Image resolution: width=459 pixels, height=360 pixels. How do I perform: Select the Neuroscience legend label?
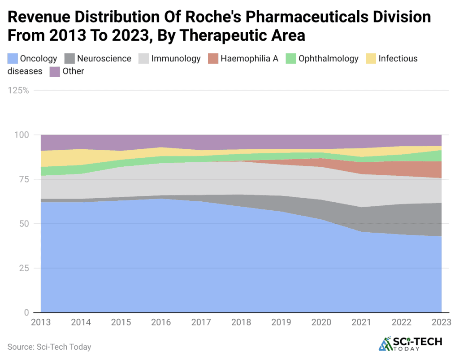click(104, 59)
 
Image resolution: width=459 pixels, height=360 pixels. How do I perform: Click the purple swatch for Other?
click(55, 72)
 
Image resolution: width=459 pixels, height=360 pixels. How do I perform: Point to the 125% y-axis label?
click(18, 91)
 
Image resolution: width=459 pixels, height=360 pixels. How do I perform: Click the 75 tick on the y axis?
click(23, 179)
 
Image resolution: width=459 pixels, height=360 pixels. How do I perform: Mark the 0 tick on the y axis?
click(26, 312)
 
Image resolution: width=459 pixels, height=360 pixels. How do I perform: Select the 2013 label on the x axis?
click(41, 322)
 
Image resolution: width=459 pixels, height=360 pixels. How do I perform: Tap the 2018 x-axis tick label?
click(241, 322)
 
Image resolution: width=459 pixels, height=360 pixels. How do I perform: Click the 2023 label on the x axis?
click(442, 322)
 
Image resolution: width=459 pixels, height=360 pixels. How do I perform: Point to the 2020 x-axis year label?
click(321, 322)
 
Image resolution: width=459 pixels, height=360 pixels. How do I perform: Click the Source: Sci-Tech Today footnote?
click(49, 347)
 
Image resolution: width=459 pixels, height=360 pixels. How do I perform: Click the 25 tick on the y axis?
click(23, 268)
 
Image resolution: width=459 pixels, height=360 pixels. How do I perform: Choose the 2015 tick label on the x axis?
click(121, 322)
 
